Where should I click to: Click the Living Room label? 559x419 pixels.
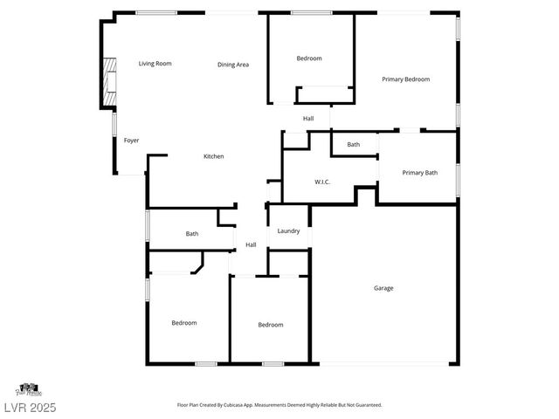click(155, 64)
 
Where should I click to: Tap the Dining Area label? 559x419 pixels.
click(233, 65)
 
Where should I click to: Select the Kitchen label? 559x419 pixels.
click(214, 156)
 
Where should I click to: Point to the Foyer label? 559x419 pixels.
click(131, 141)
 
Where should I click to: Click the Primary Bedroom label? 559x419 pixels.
click(406, 79)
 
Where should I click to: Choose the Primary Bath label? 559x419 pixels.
click(419, 173)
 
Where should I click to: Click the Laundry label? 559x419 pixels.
click(288, 231)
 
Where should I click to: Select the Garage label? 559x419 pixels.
click(383, 288)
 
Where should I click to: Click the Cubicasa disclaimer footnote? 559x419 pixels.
click(279, 405)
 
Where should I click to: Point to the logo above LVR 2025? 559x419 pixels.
click(28, 388)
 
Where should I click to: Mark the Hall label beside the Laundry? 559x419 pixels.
click(251, 244)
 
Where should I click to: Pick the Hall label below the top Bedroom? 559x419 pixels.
click(308, 119)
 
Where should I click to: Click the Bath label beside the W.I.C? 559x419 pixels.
click(353, 145)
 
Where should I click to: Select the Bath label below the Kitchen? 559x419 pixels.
click(192, 234)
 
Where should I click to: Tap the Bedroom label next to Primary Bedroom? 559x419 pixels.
click(309, 58)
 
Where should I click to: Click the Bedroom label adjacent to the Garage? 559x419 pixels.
click(271, 325)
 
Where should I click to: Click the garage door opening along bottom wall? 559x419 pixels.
click(384, 364)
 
